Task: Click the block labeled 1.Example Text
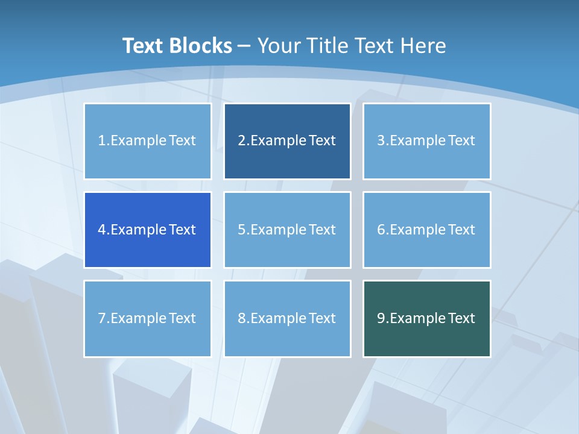(x=147, y=141)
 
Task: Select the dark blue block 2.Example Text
(x=287, y=141)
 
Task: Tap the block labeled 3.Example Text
(x=426, y=141)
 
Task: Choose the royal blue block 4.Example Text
(x=147, y=230)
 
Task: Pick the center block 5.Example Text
(x=287, y=230)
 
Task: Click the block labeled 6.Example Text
(x=426, y=230)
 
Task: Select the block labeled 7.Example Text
(x=147, y=318)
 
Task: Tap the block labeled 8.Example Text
(x=287, y=318)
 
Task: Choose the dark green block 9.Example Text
(x=426, y=318)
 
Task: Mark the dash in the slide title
(x=244, y=46)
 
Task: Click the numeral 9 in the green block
(x=381, y=318)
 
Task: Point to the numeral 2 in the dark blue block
(x=242, y=141)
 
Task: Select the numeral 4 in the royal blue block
(x=102, y=230)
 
